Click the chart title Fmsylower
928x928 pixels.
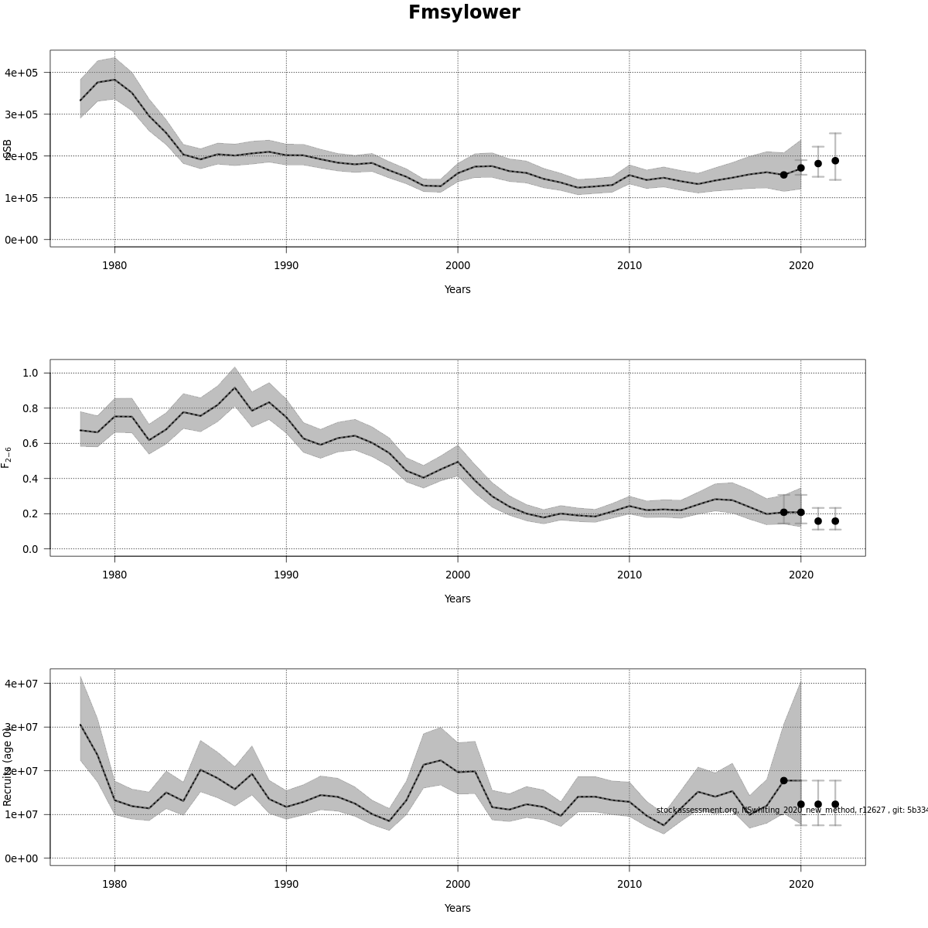[464, 13]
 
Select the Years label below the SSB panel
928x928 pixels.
[457, 289]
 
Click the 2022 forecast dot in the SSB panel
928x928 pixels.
[835, 161]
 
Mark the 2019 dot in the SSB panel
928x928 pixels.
[783, 175]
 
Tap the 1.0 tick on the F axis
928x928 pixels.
[31, 373]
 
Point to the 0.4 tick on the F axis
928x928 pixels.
[31, 479]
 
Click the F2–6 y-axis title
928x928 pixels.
[7, 457]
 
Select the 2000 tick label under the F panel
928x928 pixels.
[458, 575]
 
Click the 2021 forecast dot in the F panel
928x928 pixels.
[818, 521]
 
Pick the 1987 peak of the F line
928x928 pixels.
[235, 388]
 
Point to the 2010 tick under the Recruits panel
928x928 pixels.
[629, 884]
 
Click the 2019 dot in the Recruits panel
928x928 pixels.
[783, 781]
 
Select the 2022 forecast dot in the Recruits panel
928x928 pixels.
[835, 804]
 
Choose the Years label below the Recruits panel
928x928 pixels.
[457, 908]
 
